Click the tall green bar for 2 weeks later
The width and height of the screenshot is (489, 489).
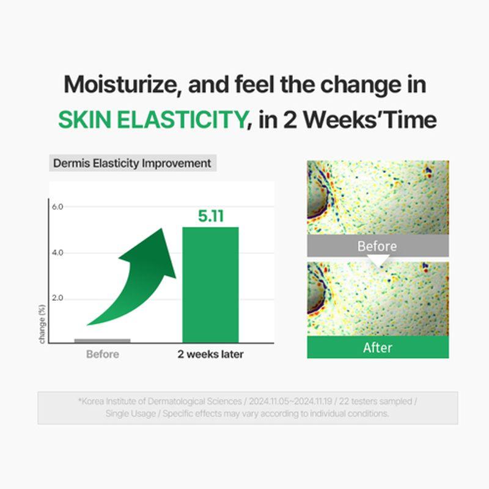tap(210, 284)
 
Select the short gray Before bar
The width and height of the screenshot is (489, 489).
tap(102, 340)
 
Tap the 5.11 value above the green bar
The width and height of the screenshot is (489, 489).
tap(210, 216)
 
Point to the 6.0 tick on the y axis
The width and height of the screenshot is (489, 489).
tap(57, 207)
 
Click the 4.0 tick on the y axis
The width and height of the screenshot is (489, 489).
tap(57, 252)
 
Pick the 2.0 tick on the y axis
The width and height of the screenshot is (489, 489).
tap(57, 298)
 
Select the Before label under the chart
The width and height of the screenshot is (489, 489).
tap(103, 354)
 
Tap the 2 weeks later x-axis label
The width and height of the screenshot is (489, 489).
tap(210, 354)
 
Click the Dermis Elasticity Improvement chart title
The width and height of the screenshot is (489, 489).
tap(132, 163)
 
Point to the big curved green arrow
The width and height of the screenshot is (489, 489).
tap(138, 275)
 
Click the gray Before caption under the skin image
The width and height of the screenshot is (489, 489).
tap(377, 246)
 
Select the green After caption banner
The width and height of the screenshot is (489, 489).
tap(377, 347)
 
